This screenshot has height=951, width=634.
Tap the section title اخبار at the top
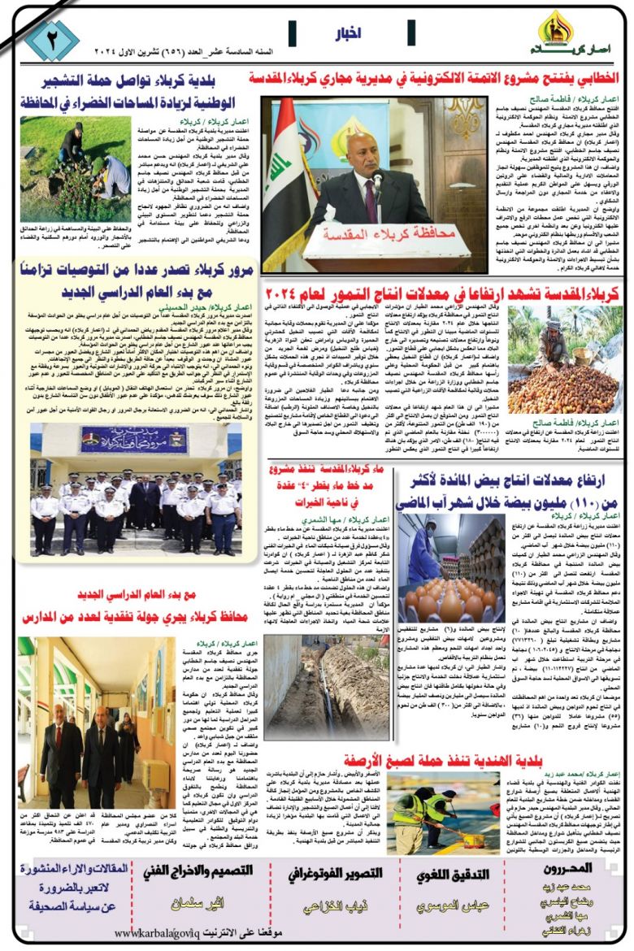tap(348, 33)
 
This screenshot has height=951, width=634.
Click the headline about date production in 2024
tap(444, 291)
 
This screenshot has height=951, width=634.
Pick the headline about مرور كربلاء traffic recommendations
tap(134, 279)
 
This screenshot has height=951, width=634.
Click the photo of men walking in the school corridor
tap(86, 739)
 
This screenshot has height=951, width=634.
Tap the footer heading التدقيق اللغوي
tap(442, 875)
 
